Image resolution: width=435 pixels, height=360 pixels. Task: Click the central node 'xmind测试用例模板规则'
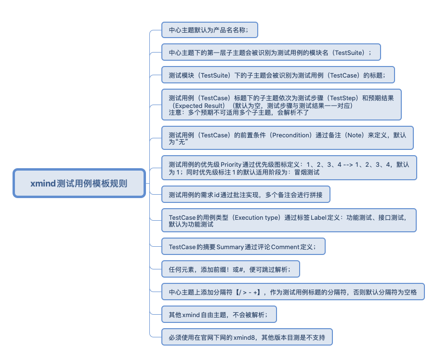79,183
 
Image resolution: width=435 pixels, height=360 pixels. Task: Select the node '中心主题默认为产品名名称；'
210,30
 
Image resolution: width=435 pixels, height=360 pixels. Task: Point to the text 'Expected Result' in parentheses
199,105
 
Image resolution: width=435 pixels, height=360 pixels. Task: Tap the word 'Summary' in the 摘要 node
230,247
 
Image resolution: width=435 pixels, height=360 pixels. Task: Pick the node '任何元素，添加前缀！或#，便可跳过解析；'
230,269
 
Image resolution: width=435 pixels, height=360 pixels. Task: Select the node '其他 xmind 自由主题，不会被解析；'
219,314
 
